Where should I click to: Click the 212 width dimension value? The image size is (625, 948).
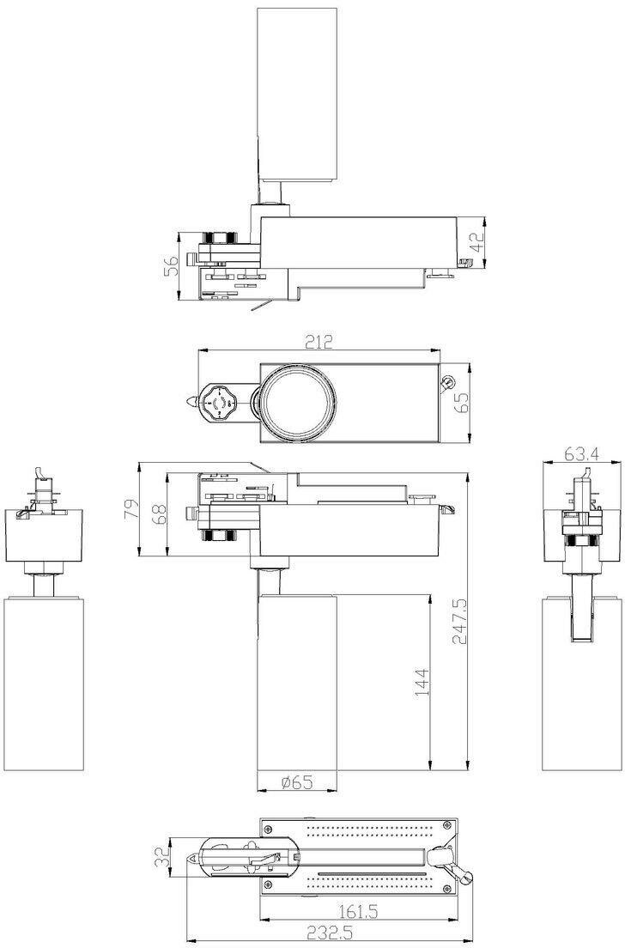[319, 343]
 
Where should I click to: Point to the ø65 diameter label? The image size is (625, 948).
[296, 781]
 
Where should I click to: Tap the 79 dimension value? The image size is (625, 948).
[130, 510]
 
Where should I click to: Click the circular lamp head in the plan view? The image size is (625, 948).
[299, 401]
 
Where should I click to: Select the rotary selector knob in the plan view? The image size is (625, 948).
[221, 401]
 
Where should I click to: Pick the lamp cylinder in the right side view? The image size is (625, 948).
[583, 687]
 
